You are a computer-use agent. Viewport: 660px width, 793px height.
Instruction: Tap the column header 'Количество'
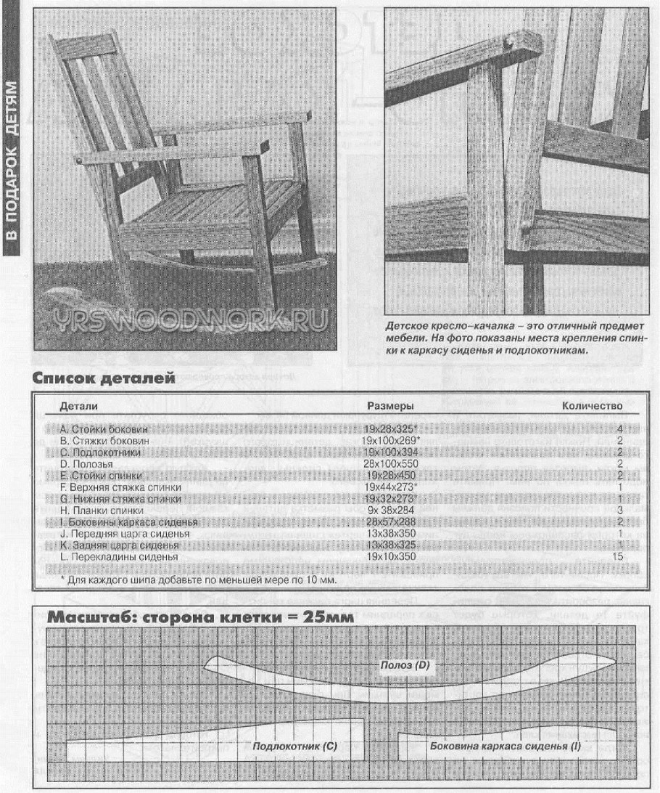point(593,405)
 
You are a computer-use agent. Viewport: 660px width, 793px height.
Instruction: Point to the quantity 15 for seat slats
point(619,556)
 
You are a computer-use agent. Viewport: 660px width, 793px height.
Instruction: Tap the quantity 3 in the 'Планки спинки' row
point(620,511)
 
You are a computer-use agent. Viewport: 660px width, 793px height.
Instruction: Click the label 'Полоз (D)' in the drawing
point(406,665)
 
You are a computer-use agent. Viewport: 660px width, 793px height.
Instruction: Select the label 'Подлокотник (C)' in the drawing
point(296,746)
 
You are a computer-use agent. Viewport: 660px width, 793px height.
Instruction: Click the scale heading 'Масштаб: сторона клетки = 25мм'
point(200,618)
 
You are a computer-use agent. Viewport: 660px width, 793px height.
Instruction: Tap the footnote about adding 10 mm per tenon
point(198,580)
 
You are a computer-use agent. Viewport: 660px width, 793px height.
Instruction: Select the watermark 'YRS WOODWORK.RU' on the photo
point(184,321)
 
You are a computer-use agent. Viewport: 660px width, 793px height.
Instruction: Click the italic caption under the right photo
point(516,338)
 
